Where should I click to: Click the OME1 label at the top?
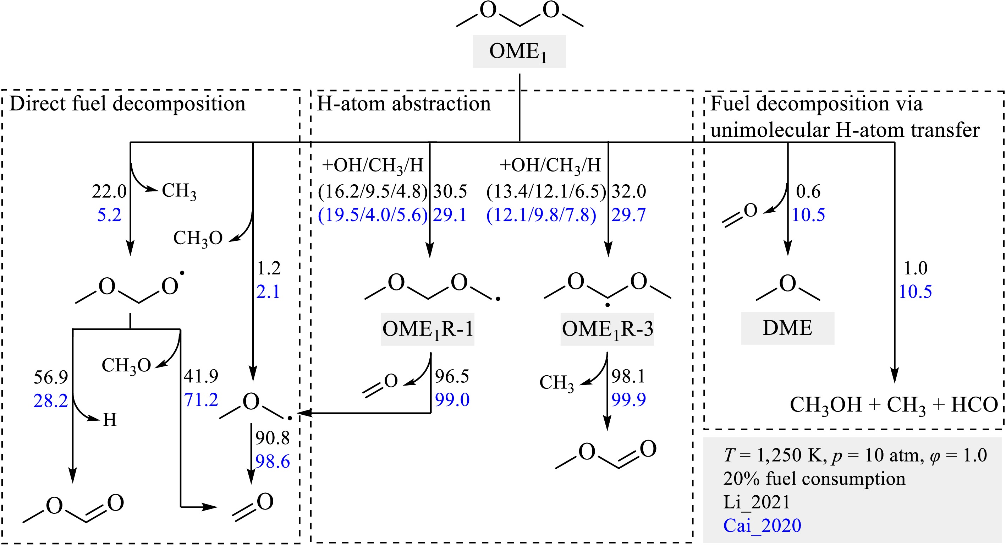(x=519, y=51)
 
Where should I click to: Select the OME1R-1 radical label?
(x=428, y=329)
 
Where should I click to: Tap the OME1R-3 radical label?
(x=607, y=329)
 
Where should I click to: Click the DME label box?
(x=787, y=328)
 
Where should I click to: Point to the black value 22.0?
(x=109, y=191)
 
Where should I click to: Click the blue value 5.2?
(x=109, y=215)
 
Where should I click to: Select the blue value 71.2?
(x=201, y=400)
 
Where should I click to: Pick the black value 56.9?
(x=51, y=377)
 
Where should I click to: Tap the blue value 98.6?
(x=273, y=462)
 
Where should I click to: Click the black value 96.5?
(x=452, y=376)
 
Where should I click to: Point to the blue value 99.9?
(x=628, y=399)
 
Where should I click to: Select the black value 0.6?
(x=808, y=191)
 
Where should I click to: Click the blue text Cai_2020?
(x=762, y=525)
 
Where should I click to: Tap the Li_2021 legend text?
(x=757, y=502)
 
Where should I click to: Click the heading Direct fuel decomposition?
(x=127, y=104)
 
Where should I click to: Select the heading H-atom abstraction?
(x=403, y=104)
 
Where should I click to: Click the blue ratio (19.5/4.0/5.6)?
(x=373, y=215)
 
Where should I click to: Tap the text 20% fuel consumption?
(x=814, y=479)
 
